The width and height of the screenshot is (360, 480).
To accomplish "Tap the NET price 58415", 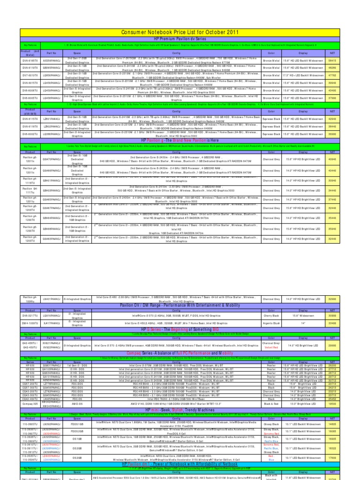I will [332, 60].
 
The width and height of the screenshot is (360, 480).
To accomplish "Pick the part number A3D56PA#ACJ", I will [52, 60].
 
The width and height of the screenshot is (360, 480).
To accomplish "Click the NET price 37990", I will [332, 97].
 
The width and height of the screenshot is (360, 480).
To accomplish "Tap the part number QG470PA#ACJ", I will [52, 159].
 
